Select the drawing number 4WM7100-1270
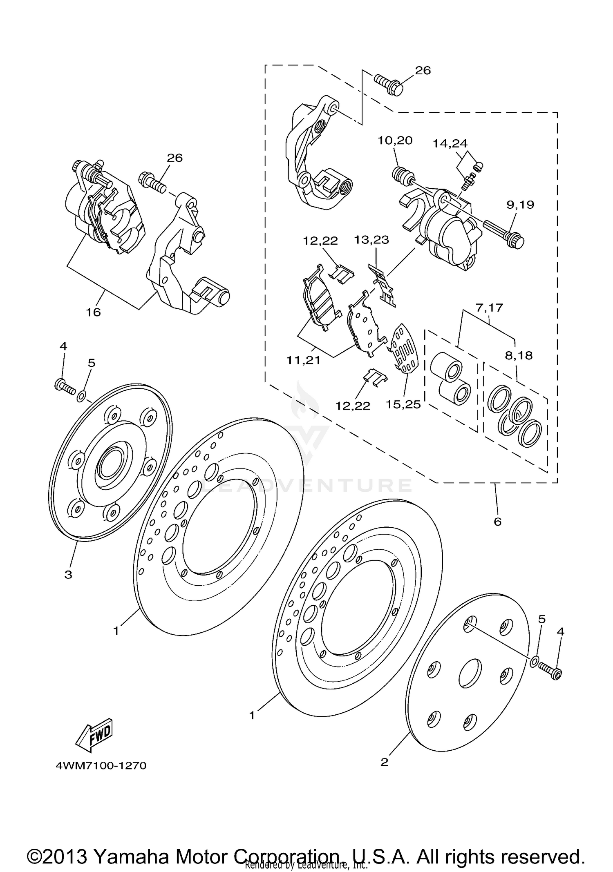pos(101,765)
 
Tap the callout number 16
pos(93,312)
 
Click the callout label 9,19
pos(520,205)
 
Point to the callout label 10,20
pos(395,141)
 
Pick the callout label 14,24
pos(450,144)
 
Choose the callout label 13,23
pos(371,239)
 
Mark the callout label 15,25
pos(403,404)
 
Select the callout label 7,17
pos(489,308)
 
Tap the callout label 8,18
pos(519,355)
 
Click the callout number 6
pos(497,522)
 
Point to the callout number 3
pos(68,575)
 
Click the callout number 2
pos(384,762)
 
